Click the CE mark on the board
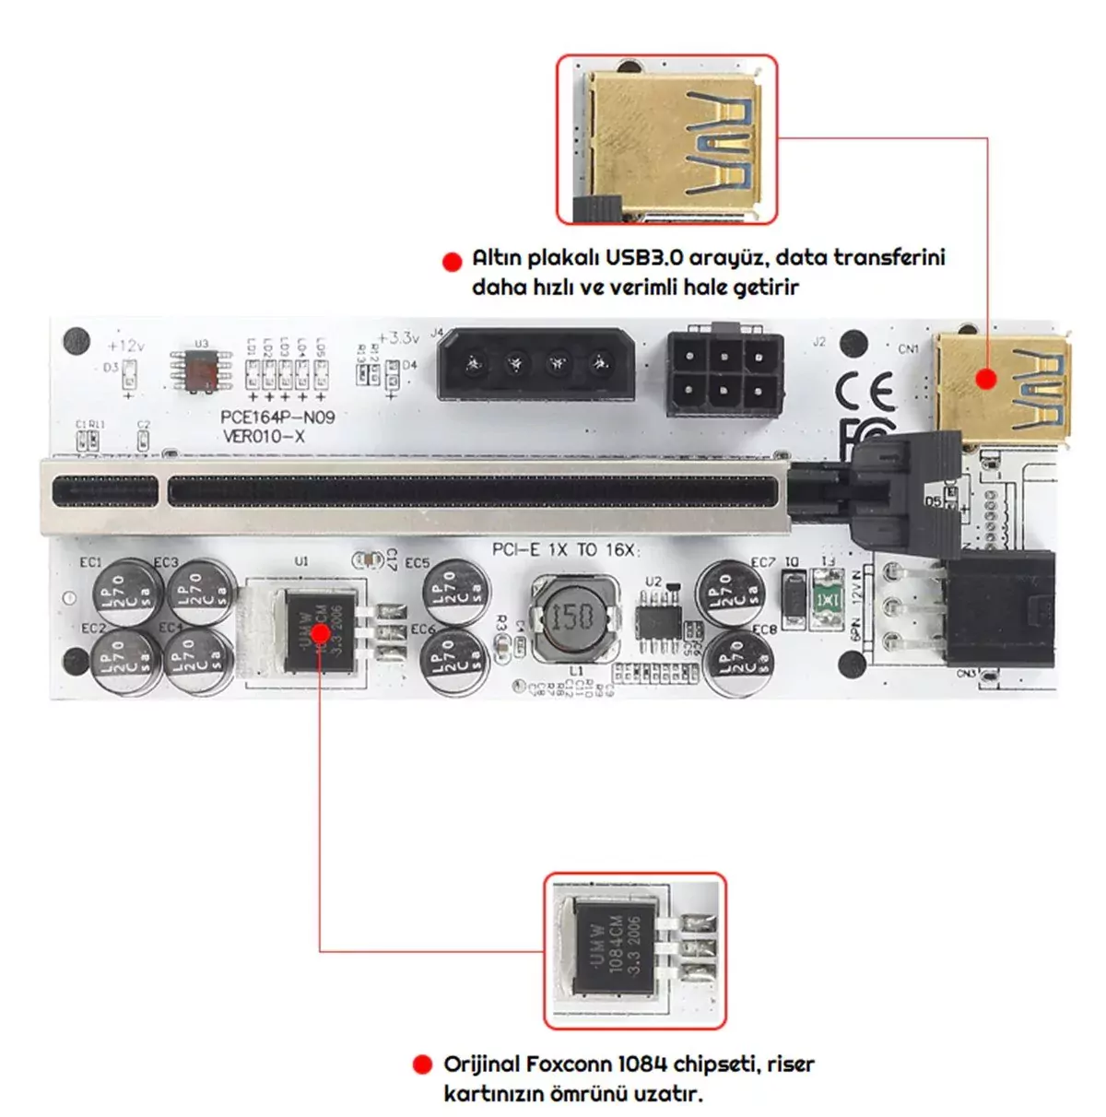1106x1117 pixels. click(865, 392)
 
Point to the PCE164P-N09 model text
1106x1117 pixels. click(277, 417)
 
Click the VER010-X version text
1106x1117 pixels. click(264, 436)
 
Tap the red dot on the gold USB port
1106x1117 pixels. click(987, 379)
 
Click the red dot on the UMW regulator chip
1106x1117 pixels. click(320, 633)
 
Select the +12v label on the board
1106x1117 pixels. click(125, 346)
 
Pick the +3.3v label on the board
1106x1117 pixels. click(398, 337)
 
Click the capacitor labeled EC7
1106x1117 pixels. click(729, 593)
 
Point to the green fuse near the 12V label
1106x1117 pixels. click(828, 599)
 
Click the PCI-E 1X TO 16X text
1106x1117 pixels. click(564, 549)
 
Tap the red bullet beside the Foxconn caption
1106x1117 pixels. click(422, 1065)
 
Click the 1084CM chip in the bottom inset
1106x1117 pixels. click(616, 949)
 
